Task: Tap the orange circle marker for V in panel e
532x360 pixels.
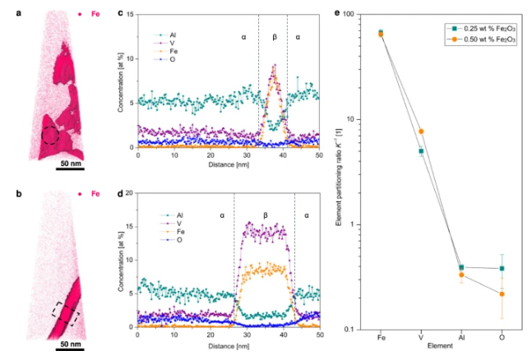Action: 420,132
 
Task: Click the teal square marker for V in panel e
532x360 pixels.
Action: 420,151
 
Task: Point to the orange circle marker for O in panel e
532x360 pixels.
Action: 501,293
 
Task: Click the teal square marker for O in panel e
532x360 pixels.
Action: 501,269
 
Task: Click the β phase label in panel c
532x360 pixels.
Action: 274,37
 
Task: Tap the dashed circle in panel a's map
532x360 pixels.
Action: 51,135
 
